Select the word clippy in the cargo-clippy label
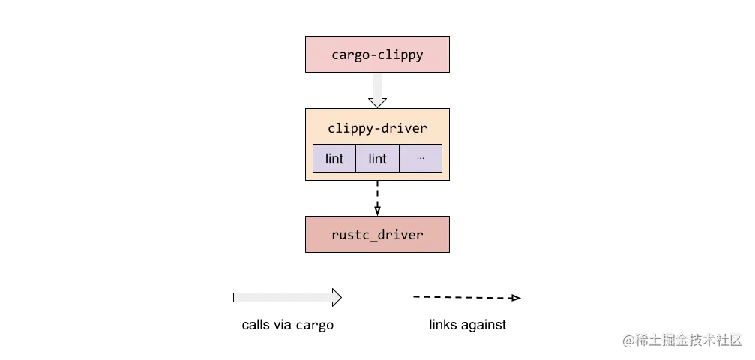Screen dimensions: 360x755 click(402, 55)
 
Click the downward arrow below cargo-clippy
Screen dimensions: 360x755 click(377, 90)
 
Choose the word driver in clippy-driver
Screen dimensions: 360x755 click(405, 128)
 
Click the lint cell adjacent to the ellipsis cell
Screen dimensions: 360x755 click(377, 159)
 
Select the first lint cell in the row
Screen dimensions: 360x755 click(334, 159)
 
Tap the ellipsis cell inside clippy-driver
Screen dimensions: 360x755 click(420, 159)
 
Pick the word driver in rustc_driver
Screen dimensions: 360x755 click(401, 235)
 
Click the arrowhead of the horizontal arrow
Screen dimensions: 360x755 click(337, 298)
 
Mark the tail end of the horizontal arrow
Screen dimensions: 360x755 click(237, 298)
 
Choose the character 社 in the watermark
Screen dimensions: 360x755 click(721, 339)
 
